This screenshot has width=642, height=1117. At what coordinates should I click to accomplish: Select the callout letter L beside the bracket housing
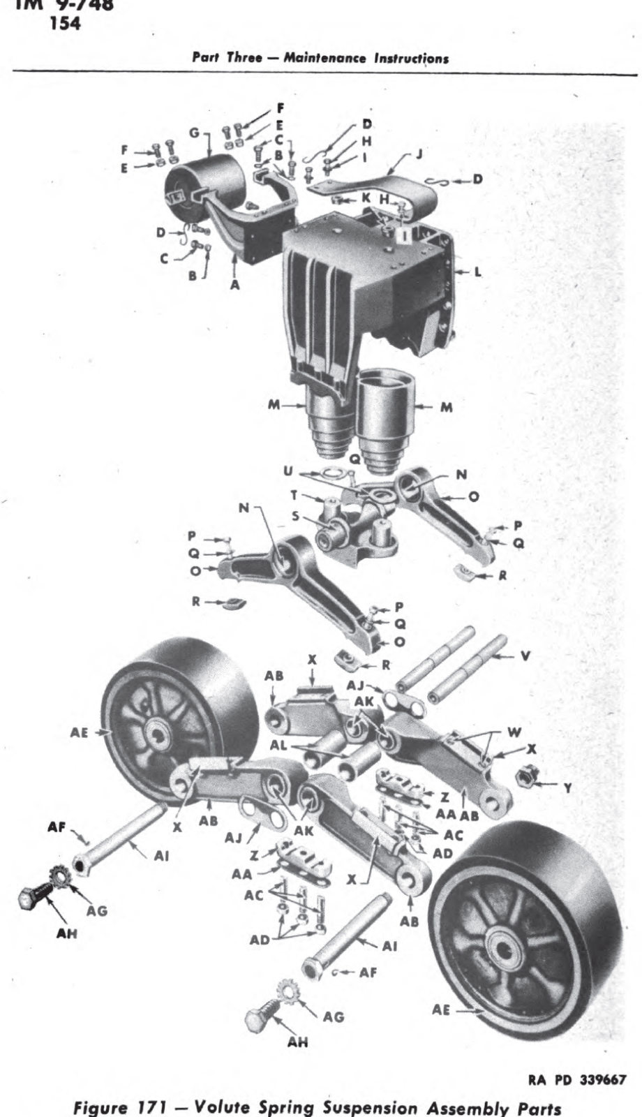tap(478, 272)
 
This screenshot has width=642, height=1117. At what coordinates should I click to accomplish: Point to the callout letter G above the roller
tap(194, 132)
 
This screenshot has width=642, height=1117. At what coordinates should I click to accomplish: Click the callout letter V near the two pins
tap(525, 656)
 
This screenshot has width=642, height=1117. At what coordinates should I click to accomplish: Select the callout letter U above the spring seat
tap(288, 472)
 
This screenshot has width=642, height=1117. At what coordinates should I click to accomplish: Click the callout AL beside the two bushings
tap(278, 745)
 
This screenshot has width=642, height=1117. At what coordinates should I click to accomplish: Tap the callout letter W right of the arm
tap(515, 732)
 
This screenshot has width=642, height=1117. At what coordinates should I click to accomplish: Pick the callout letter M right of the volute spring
tap(445, 407)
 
